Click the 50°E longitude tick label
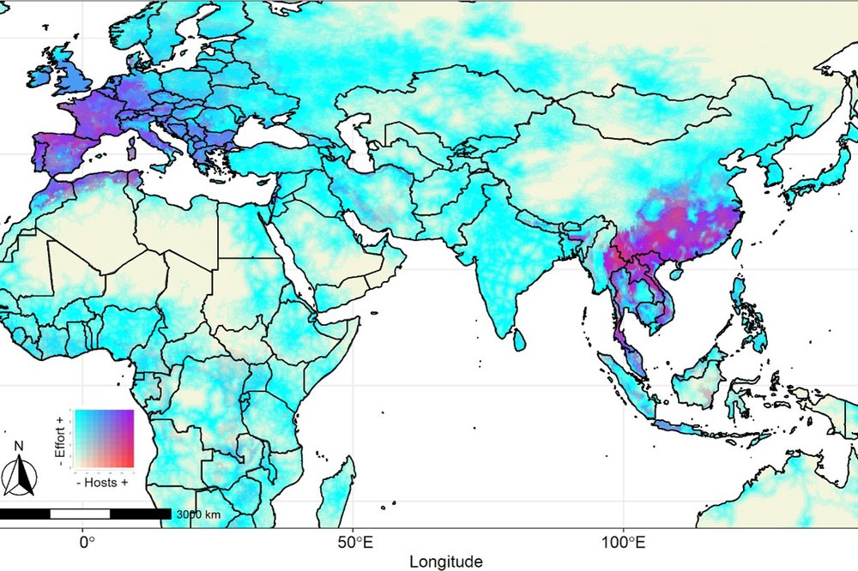(x=353, y=542)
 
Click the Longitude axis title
(x=445, y=562)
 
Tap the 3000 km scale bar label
(x=199, y=514)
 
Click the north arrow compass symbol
(x=19, y=472)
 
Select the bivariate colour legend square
(x=105, y=439)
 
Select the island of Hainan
(x=678, y=274)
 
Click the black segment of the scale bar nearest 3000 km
(x=141, y=514)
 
